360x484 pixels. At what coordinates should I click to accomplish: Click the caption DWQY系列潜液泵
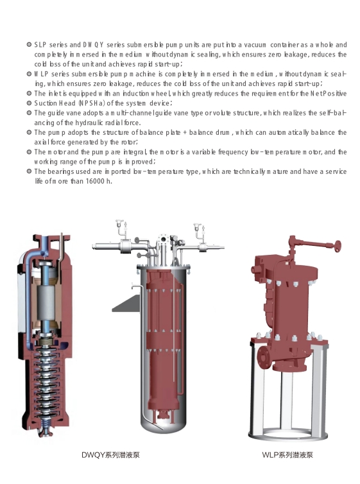click(111, 454)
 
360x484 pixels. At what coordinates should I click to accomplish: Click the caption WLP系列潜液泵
click(287, 454)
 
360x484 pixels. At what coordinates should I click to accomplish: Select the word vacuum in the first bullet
click(255, 45)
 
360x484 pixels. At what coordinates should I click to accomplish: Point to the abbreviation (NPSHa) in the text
click(92, 103)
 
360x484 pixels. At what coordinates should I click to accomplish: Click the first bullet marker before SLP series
click(30, 45)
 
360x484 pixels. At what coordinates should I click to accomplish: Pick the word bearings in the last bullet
click(60, 171)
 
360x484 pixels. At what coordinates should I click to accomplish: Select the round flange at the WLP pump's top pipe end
click(337, 246)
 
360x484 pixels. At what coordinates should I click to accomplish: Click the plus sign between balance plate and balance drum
click(185, 133)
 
